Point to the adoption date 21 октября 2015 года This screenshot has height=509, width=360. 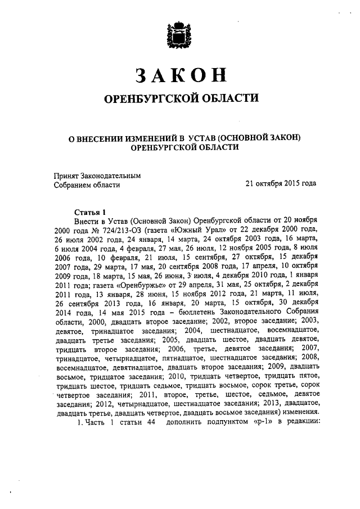[281, 183]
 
